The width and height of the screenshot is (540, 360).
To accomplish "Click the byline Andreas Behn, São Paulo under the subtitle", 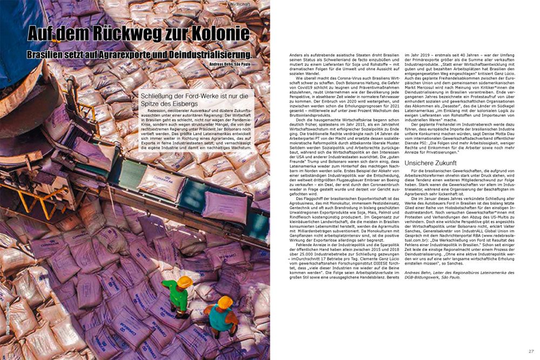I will coord(229,64).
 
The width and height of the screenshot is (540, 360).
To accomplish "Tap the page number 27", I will coord(531,351).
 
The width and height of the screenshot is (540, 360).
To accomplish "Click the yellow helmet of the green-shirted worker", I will coord(185,282).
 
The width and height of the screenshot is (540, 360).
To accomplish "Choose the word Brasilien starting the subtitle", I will coord(49,55).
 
